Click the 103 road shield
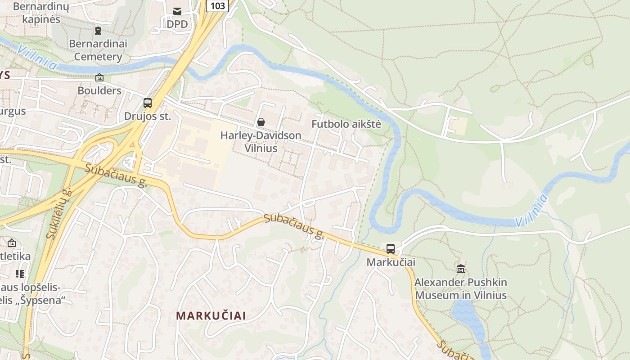217,5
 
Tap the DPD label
177,24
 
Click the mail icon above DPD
177,11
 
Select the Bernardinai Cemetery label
98,50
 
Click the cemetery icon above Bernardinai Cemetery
98,31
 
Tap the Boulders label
99,90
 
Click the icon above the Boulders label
99,77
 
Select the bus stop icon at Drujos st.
148,103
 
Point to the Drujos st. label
148,116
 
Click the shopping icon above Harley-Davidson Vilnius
261,121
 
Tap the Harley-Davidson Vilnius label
261,141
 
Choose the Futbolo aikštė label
346,124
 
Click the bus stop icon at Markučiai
391,248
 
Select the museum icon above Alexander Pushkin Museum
461,269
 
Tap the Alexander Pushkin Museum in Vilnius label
461,289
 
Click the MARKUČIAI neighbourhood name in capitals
211,315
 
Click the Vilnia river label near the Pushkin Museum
531,211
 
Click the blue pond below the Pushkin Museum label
468,315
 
